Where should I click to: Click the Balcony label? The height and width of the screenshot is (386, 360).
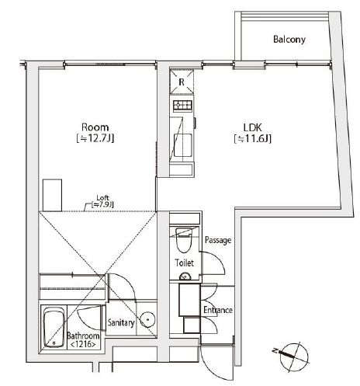tap(289, 40)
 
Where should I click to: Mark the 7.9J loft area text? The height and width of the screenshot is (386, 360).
tap(102, 204)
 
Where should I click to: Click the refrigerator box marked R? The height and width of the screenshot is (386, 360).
tap(182, 81)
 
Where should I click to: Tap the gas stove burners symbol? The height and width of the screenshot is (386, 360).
tap(183, 106)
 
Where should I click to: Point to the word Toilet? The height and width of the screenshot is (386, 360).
tap(183, 264)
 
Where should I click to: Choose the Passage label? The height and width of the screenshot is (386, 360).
tap(218, 241)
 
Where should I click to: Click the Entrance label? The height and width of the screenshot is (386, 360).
tap(217, 311)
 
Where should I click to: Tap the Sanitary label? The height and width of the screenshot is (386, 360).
tap(122, 323)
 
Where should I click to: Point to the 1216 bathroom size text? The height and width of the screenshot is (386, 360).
tap(81, 345)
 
